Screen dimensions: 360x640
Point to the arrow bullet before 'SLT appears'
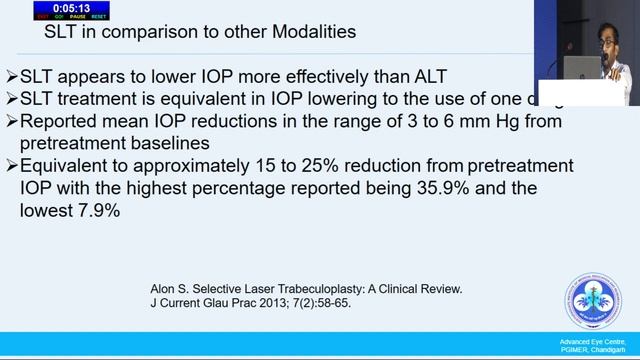[11, 76]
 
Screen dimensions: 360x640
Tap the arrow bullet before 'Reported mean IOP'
[11, 121]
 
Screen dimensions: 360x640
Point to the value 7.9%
[97, 210]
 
